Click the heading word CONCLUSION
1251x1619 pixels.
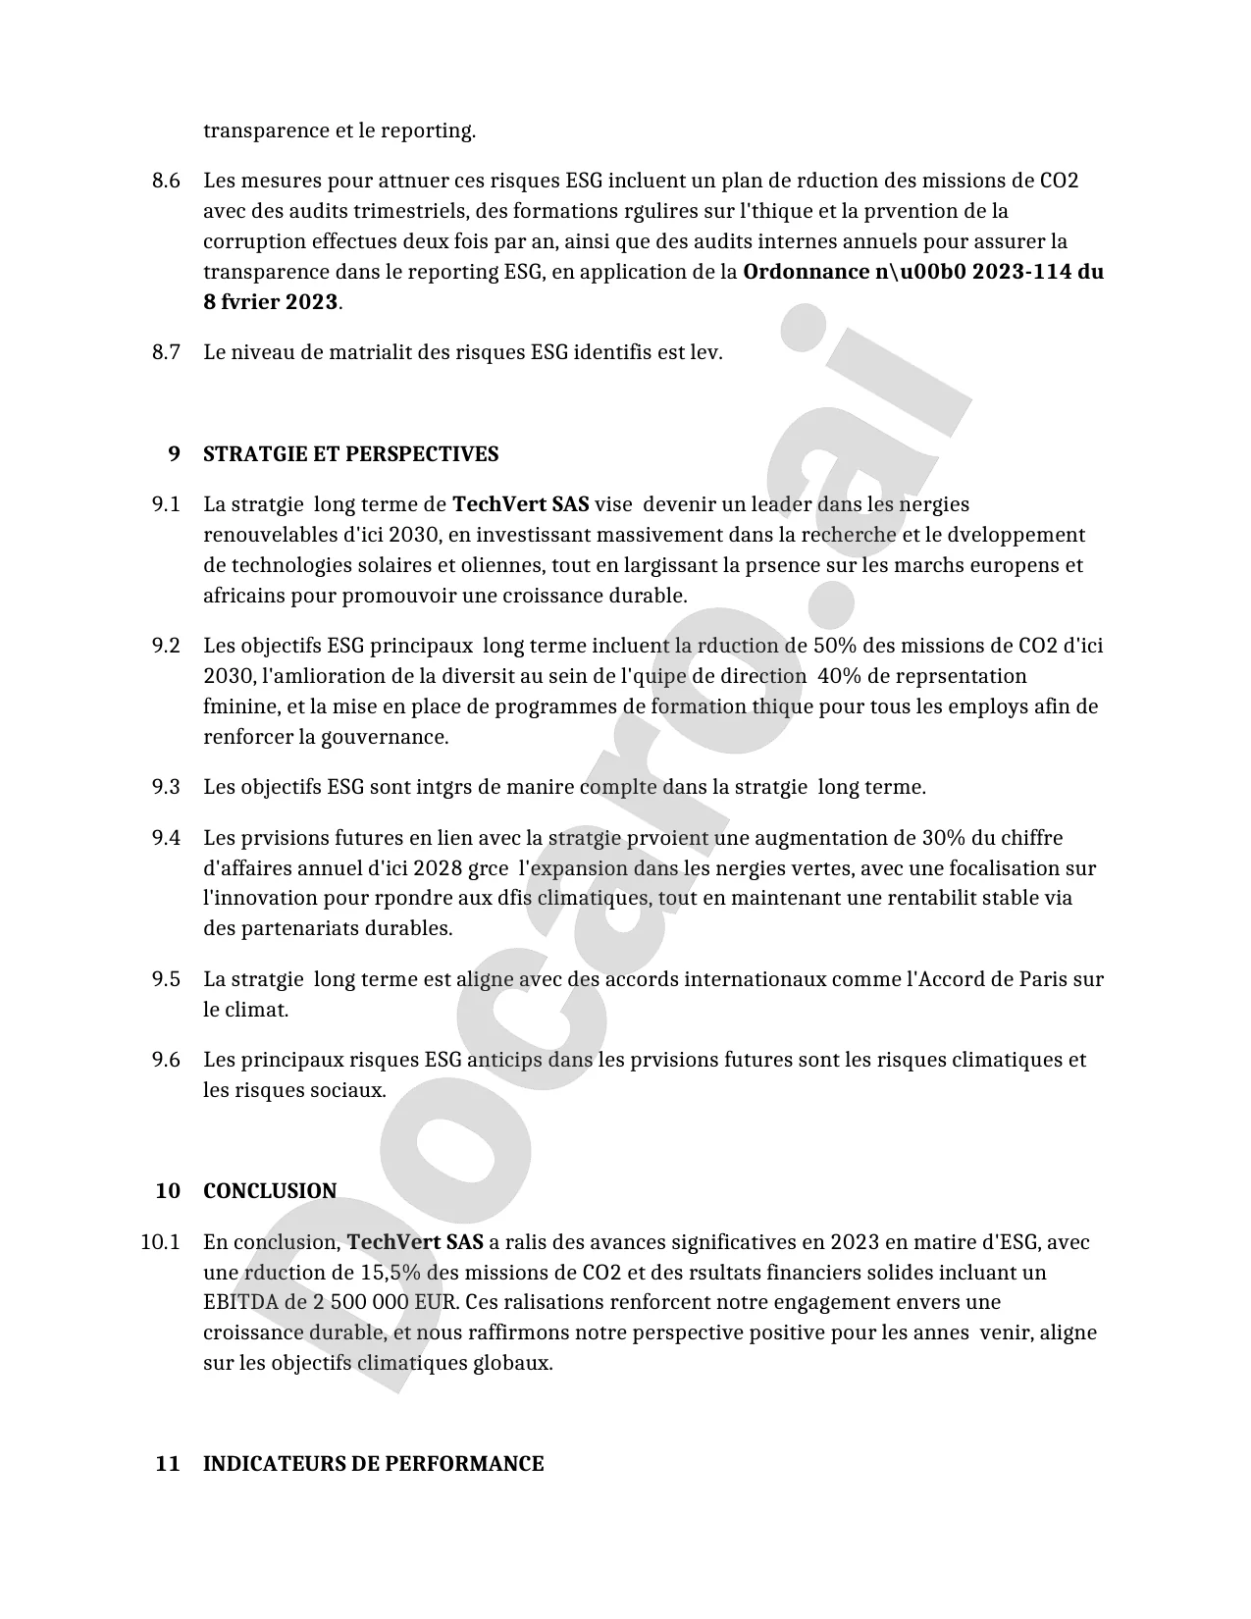(270, 1191)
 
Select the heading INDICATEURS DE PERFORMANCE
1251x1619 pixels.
(373, 1464)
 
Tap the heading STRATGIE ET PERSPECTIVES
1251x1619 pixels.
(350, 454)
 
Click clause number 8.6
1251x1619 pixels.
(166, 181)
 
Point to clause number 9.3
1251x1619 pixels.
(166, 787)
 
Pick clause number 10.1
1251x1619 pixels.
(160, 1242)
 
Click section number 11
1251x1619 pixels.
(168, 1464)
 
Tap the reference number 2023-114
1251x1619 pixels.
(1021, 272)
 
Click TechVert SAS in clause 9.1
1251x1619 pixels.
(520, 504)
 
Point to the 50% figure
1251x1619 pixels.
(834, 646)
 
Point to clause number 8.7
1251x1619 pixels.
(166, 352)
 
